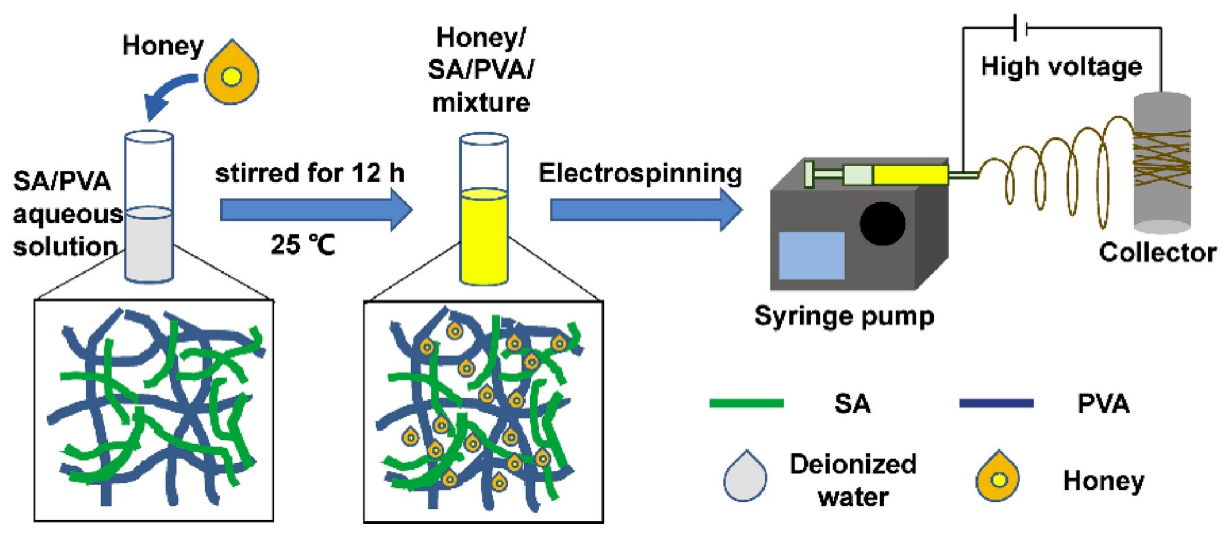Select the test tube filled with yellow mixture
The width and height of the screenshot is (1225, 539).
[484, 209]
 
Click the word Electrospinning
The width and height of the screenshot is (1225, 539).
[639, 173]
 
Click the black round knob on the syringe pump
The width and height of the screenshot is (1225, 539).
[882, 224]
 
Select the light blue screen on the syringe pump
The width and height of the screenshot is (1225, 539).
[811, 256]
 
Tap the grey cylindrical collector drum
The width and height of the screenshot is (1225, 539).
[1162, 162]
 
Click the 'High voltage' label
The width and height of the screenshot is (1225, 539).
[1061, 66]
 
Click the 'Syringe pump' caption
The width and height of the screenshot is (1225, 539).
[844, 316]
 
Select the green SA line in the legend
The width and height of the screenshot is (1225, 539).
[746, 403]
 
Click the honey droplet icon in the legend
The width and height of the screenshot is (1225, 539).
[997, 477]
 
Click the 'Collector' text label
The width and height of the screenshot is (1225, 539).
[1157, 252]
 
